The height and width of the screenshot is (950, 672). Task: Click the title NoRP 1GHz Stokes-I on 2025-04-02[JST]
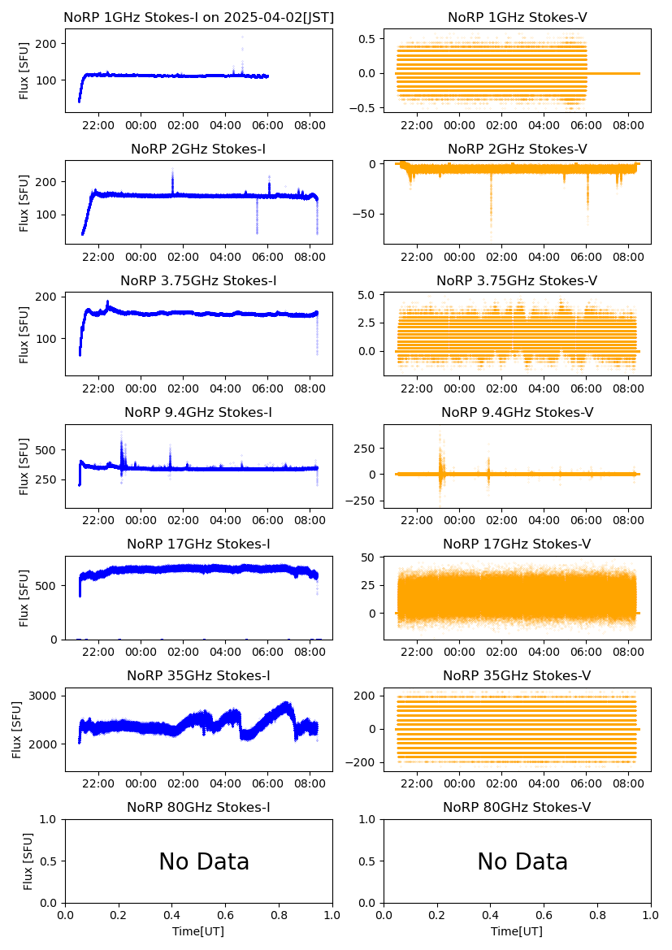click(x=198, y=17)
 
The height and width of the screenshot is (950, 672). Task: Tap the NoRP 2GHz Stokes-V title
click(x=517, y=149)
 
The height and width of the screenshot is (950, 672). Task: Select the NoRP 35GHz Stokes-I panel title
click(x=198, y=675)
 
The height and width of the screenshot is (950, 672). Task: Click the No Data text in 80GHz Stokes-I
click(x=204, y=861)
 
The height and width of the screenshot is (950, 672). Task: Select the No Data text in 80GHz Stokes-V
click(x=522, y=861)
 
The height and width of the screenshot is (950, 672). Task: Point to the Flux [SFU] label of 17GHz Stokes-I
click(x=24, y=598)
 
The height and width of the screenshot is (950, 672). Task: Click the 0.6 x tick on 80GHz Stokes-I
click(x=225, y=915)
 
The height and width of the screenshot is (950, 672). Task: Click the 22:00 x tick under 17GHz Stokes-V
click(x=417, y=651)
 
